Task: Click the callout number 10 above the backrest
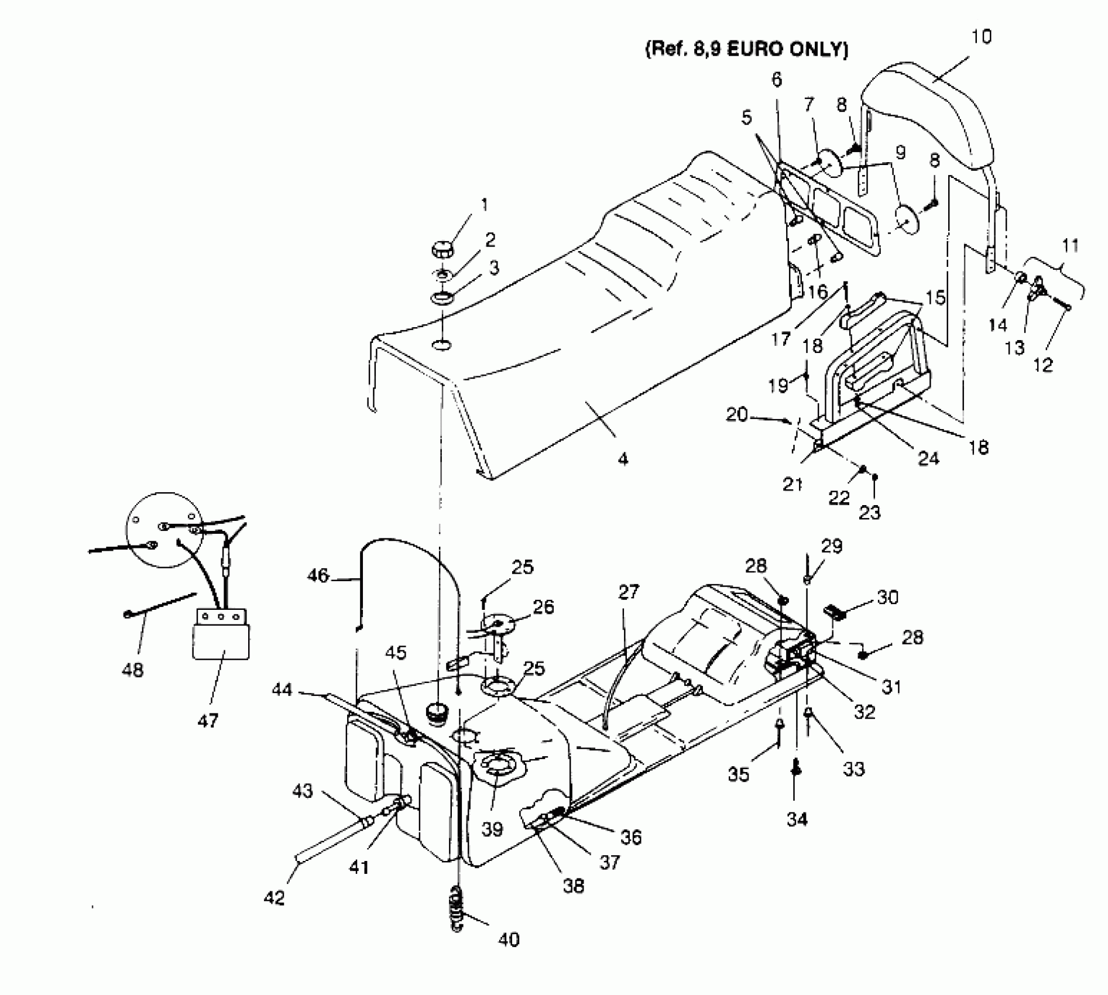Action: [x=982, y=37]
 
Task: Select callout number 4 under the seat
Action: [x=623, y=458]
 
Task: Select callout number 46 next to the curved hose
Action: [x=318, y=575]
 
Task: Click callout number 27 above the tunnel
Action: [x=629, y=592]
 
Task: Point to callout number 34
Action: [x=797, y=819]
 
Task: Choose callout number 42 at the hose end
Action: [x=274, y=897]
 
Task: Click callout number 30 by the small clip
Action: [x=887, y=597]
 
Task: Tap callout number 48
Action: [x=133, y=670]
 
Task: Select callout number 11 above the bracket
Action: [x=1070, y=245]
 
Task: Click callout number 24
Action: [x=928, y=458]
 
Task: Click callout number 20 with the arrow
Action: [x=737, y=415]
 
